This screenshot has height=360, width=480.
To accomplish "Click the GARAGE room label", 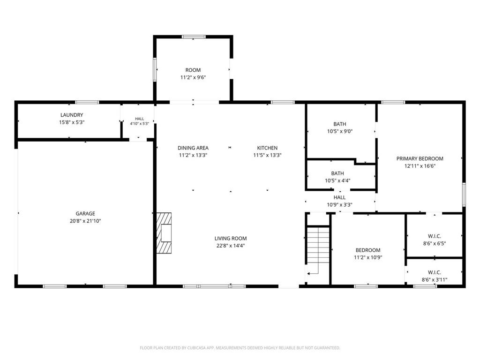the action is click(x=85, y=214).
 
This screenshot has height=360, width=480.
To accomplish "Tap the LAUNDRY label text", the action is click(x=72, y=115).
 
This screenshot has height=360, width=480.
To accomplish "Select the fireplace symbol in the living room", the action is click(x=164, y=233).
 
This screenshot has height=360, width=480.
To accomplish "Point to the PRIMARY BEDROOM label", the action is click(x=420, y=158).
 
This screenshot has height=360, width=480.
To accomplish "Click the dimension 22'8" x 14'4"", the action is click(x=231, y=246).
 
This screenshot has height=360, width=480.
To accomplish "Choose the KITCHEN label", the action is click(x=267, y=148).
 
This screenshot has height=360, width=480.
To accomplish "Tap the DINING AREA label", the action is click(x=193, y=148).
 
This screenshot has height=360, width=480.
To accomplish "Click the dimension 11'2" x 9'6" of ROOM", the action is click(x=193, y=77).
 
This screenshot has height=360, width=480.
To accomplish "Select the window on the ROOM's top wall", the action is click(x=194, y=37).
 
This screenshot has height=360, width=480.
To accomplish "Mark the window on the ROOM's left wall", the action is click(x=155, y=69).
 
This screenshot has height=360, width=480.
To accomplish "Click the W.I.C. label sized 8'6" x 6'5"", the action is click(x=435, y=236).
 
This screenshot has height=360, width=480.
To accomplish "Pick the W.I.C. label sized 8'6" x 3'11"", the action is click(x=435, y=272).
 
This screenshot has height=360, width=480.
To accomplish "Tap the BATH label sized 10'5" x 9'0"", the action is click(x=340, y=124).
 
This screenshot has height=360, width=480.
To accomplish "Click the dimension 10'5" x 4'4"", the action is click(x=337, y=180).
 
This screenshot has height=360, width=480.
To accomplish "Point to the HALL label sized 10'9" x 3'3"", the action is click(x=339, y=197).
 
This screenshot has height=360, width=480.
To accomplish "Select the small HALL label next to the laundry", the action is click(x=139, y=119).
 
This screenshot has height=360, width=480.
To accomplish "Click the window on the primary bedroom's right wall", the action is click(x=464, y=195).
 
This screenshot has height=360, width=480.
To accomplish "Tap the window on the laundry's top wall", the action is click(x=87, y=102).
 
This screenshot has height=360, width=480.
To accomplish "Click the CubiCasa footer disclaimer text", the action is click(x=240, y=348).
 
